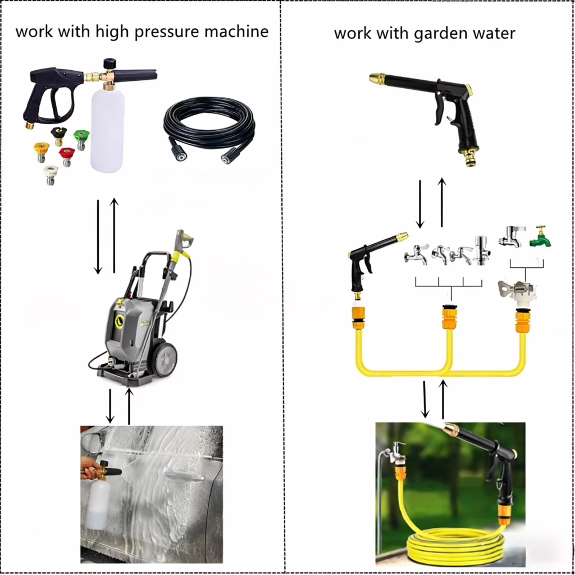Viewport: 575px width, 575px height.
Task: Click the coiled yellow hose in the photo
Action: pyautogui.click(x=455, y=547)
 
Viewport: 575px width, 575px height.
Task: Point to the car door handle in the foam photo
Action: pyautogui.click(x=185, y=476)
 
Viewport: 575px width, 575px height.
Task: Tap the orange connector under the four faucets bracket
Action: pyautogui.click(x=450, y=317)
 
